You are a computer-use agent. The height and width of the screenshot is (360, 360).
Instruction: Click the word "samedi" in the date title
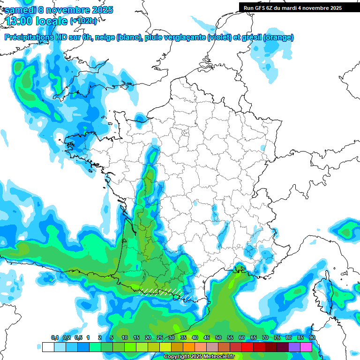coord(20,10)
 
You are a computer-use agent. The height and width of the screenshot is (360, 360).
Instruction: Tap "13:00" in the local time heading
coord(19,21)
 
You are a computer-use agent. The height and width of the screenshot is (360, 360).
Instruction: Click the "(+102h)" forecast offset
coord(83,21)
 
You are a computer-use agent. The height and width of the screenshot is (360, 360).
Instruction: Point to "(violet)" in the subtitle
coord(219,37)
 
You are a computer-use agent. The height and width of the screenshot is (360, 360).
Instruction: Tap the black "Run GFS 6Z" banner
coord(293,7)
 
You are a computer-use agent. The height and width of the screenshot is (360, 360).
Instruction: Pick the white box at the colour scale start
coord(48,347)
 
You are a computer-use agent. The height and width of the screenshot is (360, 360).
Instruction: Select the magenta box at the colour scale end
coord(306,347)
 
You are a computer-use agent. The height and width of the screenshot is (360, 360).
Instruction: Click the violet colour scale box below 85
coord(294,347)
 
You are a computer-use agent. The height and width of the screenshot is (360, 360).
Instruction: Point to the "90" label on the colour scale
coord(312,338)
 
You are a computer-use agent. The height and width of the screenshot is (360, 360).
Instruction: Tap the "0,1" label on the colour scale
coord(55,338)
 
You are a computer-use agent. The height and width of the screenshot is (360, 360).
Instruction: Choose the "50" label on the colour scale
coord(218,338)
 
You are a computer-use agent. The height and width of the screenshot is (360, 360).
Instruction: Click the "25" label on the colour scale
coord(160,338)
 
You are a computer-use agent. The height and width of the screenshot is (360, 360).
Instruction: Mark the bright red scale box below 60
coord(247,347)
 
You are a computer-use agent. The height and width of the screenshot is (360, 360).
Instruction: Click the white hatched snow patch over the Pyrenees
coord(162,292)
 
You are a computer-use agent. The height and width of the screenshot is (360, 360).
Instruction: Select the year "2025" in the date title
coord(100,10)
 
